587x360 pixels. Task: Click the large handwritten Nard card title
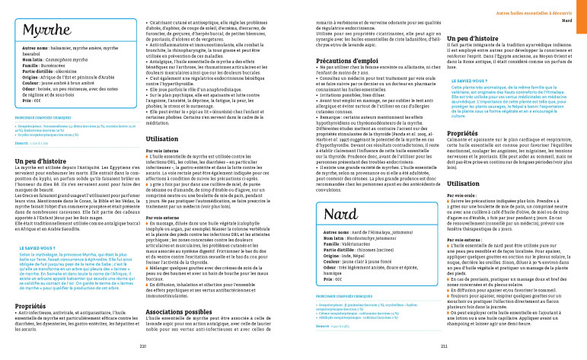pos(342,213)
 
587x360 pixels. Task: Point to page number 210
pos(143,344)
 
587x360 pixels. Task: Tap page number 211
pos(444,344)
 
